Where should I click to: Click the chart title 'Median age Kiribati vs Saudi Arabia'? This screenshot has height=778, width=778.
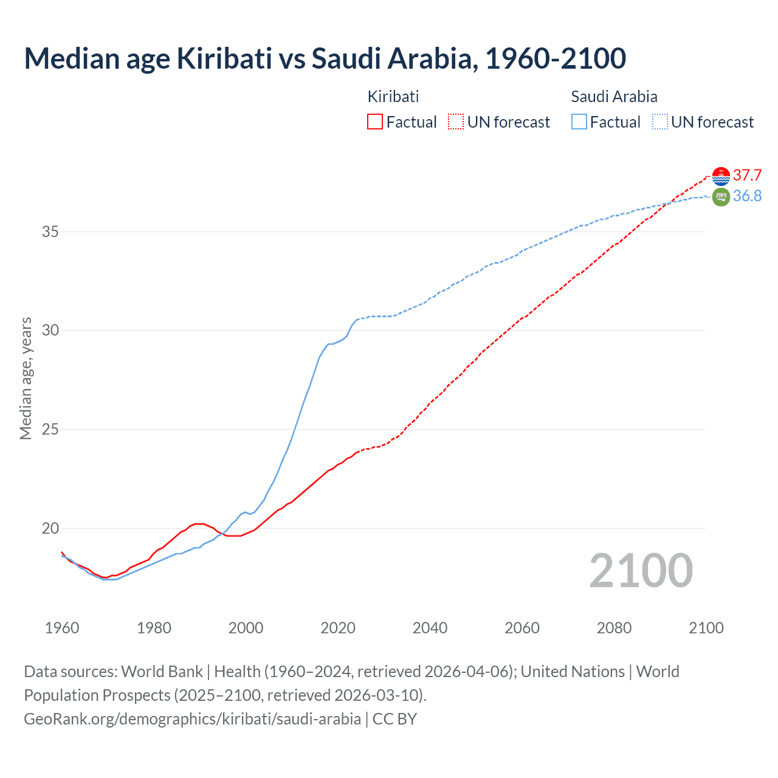click(325, 58)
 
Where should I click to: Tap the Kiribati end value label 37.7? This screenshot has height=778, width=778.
click(747, 176)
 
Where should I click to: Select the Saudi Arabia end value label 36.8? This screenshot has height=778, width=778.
click(747, 196)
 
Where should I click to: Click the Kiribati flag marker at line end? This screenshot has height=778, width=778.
click(721, 176)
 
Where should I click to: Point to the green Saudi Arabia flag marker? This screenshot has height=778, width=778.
click(721, 197)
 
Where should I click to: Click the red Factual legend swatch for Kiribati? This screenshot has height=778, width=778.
click(375, 122)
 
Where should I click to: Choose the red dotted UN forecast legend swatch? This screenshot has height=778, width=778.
click(456, 122)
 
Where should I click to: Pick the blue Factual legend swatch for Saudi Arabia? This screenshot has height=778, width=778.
click(579, 122)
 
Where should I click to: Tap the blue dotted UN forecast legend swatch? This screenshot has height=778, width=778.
click(660, 122)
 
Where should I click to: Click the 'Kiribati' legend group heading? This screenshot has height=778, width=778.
click(393, 97)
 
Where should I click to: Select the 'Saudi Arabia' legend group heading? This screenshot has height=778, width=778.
click(614, 97)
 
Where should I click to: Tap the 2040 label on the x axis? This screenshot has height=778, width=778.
click(430, 628)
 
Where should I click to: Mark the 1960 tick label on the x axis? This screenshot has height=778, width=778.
click(62, 628)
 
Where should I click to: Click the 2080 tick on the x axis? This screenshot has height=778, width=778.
click(614, 628)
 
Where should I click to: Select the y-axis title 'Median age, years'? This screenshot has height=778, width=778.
click(26, 377)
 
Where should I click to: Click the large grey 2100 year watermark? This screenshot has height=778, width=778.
click(641, 570)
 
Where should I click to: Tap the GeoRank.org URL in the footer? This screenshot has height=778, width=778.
click(192, 719)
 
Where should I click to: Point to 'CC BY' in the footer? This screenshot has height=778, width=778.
click(394, 719)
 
